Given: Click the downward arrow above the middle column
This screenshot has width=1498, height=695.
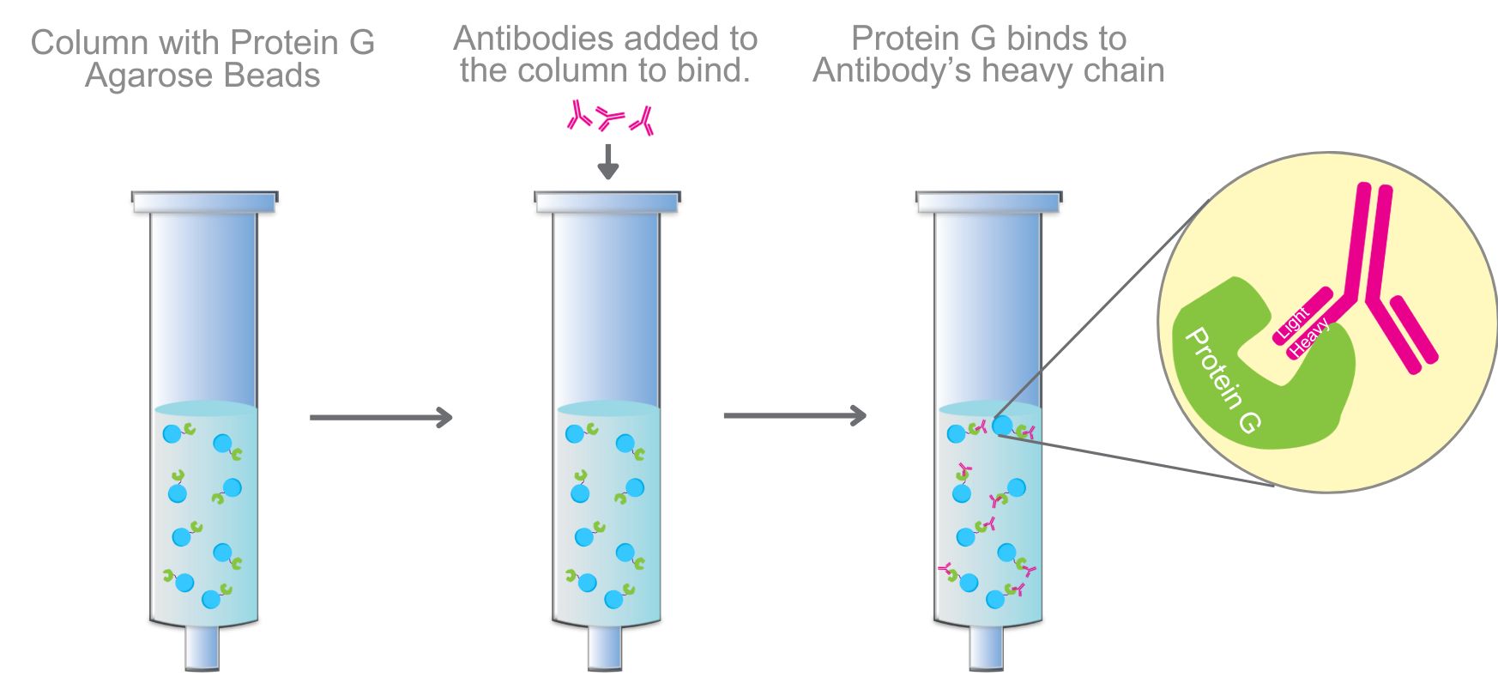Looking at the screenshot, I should tap(607, 162).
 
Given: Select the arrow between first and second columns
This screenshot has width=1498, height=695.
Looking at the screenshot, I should tap(380, 418).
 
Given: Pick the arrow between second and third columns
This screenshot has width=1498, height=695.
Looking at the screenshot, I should tap(794, 416).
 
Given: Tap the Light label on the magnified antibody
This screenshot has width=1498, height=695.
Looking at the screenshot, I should tap(1293, 322).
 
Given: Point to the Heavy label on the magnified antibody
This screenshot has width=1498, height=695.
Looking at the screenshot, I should tap(1309, 337).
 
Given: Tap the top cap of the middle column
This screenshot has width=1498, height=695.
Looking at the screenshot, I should tap(607, 201).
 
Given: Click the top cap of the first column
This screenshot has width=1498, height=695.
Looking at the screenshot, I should tap(204, 201).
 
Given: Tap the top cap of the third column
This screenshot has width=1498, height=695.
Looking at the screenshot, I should tap(988, 201).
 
